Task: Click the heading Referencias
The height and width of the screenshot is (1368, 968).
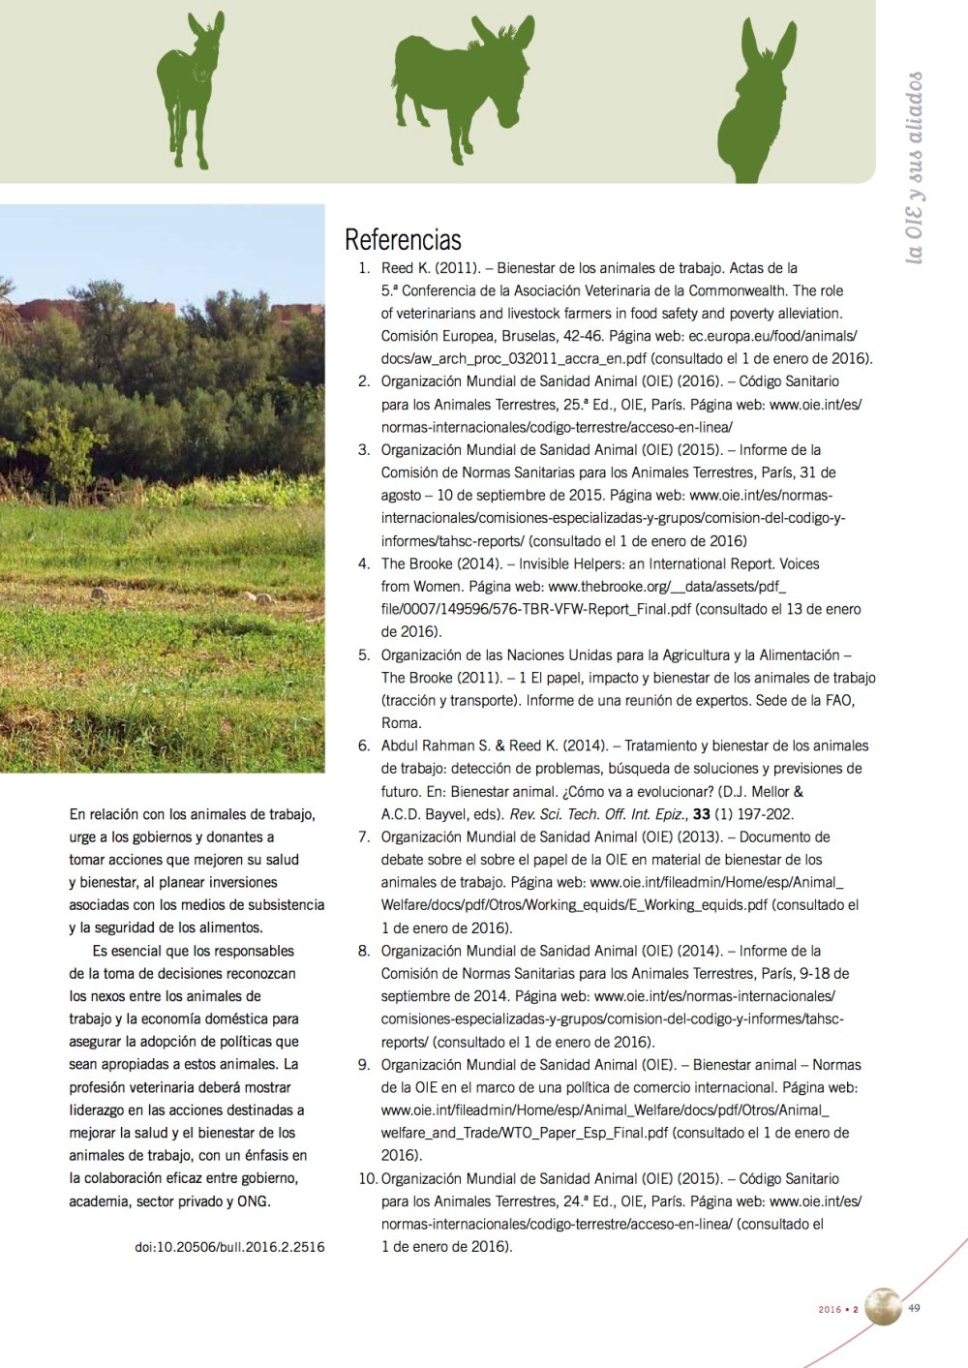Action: pos(403,239)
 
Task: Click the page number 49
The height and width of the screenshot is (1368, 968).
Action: pos(914,1309)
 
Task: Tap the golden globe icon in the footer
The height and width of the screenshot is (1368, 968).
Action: pos(883,1307)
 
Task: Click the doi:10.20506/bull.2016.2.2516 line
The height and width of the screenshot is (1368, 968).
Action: pos(229,1247)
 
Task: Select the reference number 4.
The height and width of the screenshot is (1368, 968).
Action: pos(364,563)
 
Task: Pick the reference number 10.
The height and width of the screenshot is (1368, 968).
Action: pos(368,1178)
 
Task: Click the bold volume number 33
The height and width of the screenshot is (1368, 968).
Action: pos(702,814)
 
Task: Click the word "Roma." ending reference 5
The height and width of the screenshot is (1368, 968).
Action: pos(401,723)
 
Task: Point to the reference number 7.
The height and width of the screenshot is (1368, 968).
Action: pos(364,836)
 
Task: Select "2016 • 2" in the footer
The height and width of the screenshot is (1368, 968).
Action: pos(838,1310)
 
